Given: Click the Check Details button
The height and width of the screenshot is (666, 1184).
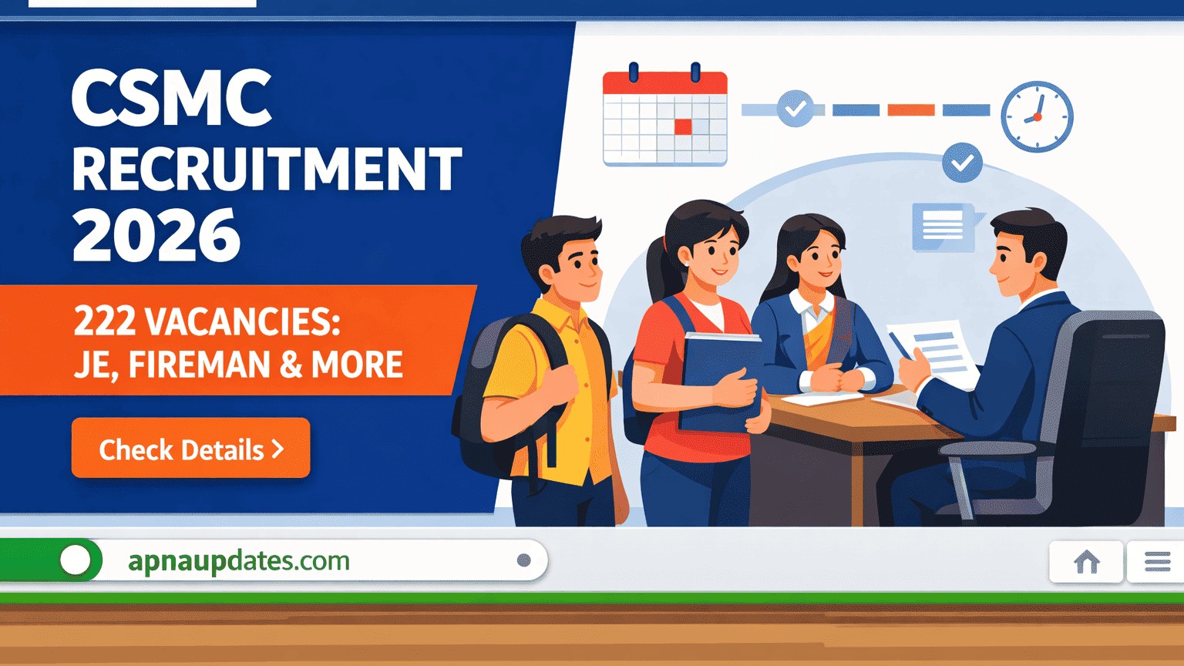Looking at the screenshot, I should [190, 449].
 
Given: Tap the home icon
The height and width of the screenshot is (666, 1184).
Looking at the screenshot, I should [1087, 562].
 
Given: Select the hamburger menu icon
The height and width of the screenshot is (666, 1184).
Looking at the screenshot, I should [1157, 562].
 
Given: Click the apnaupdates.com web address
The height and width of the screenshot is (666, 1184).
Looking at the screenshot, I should [239, 560].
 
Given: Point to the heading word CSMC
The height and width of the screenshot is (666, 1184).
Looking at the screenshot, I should [171, 99].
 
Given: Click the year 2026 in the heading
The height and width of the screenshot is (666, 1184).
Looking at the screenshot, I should [156, 236].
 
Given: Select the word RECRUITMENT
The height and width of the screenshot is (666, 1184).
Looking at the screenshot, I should [267, 169].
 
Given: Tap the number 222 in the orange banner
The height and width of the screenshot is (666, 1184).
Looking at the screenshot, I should [105, 321].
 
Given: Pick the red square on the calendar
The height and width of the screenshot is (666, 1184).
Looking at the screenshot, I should [683, 126].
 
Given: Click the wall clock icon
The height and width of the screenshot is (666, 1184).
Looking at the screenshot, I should [1037, 116].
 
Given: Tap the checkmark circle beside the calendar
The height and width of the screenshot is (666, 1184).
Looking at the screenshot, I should [795, 109].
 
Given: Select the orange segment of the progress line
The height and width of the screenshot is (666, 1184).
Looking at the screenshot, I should [910, 110].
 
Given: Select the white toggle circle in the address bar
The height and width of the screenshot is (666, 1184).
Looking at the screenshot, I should [76, 560].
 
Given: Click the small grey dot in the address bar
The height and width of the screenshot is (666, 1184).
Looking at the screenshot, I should [524, 560].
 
